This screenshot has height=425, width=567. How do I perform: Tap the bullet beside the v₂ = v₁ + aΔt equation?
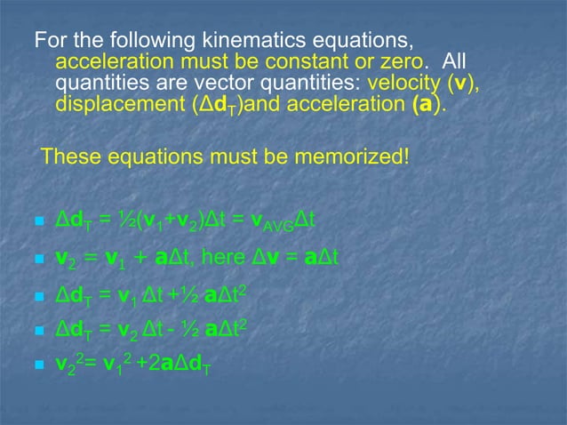click(x=38, y=261)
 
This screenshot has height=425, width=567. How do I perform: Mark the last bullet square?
click(x=38, y=365)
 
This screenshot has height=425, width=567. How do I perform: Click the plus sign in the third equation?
click(x=164, y=294)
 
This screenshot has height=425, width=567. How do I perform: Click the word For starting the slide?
click(x=52, y=41)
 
